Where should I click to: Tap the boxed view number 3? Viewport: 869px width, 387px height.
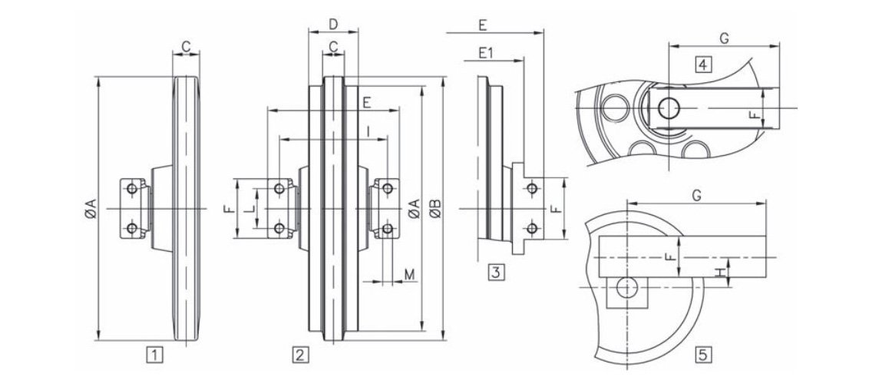coord(496,271)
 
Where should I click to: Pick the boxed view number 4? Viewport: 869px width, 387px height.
coord(702,64)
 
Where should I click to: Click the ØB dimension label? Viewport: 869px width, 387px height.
coord(435,208)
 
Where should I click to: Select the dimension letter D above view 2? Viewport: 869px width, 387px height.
coord(332,24)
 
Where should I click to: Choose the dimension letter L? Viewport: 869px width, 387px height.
coord(248,208)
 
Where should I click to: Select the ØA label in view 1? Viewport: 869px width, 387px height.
coord(89,208)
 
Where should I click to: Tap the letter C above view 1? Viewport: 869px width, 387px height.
coord(186,47)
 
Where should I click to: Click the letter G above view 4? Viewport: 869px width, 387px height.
coord(724,37)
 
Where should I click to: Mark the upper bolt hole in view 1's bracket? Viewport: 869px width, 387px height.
coord(132,188)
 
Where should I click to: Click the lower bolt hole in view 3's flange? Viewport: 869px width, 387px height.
coord(531,228)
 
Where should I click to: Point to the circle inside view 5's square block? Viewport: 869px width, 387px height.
coord(627,287)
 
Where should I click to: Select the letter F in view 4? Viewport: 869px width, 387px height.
coord(754,117)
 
